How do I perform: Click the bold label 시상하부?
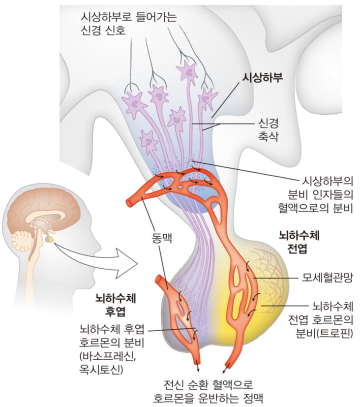[x=262, y=78]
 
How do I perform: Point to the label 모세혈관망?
[x=328, y=278]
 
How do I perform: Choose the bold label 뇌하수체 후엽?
[x=115, y=305]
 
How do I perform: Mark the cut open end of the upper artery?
[x=129, y=202]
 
